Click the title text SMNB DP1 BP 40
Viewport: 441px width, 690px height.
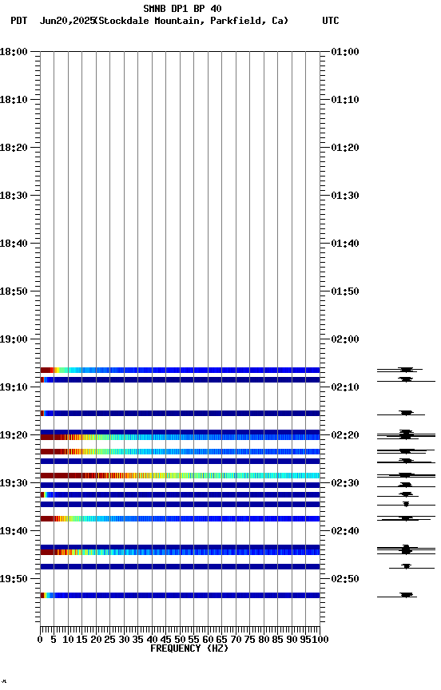coord(182,9)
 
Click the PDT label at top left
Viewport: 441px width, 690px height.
coord(19,21)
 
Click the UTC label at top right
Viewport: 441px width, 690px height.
coord(331,21)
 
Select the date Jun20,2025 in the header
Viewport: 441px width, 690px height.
coord(66,21)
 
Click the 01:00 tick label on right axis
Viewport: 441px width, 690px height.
coord(344,52)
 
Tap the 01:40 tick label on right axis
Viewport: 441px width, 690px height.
coord(344,244)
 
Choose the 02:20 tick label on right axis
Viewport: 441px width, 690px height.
coord(344,435)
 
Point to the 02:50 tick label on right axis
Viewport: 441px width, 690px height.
coord(344,579)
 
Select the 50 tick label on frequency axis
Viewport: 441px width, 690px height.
coord(180,640)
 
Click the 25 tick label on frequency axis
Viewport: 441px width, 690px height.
coord(109,640)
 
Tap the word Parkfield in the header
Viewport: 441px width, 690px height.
coord(236,21)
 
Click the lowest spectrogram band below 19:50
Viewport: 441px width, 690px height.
coord(180,595)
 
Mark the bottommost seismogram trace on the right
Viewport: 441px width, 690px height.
coord(406,595)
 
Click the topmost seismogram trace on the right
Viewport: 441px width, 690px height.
coord(406,370)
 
